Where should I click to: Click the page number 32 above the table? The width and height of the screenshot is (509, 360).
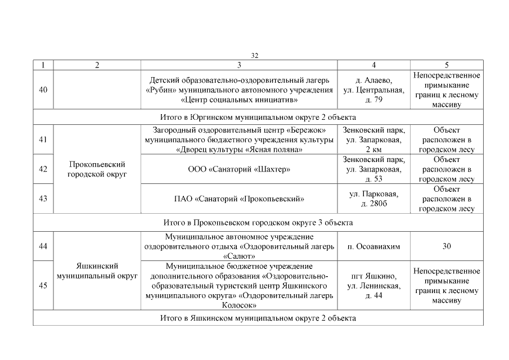coord(254,55)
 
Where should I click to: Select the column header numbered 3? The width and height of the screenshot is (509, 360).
coord(239,65)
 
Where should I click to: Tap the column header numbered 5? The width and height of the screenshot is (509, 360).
coord(447,65)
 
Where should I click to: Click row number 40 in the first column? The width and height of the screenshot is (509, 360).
coord(43,89)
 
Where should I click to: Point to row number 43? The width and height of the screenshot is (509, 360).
coord(43,198)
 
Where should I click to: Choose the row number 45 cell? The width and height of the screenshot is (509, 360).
coord(43,286)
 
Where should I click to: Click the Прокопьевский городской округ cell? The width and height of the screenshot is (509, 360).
coord(96,169)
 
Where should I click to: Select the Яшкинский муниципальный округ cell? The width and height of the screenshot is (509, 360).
coord(96,271)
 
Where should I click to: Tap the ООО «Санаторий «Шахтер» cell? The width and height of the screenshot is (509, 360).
coord(239,169)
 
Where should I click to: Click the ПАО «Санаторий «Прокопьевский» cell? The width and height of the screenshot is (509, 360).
coord(239,198)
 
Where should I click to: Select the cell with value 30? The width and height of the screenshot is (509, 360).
coord(447,246)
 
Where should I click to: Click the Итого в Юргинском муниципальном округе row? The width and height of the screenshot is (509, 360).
coord(258,117)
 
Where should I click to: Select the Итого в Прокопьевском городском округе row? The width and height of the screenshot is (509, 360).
coord(258,222)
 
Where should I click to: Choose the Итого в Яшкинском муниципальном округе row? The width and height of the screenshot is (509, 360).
coord(258,318)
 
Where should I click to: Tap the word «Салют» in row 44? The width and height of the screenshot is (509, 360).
coord(239,255)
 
